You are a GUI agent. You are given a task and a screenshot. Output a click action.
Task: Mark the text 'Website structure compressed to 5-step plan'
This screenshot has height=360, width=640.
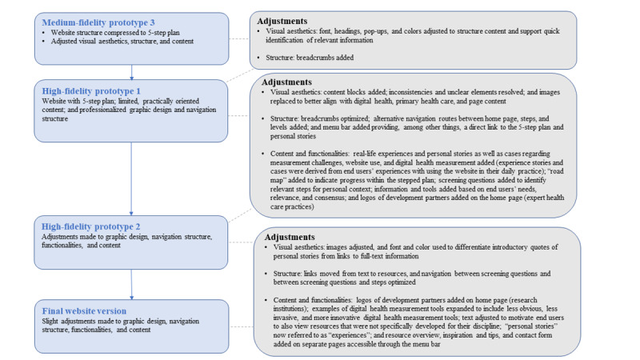click(110, 32)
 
